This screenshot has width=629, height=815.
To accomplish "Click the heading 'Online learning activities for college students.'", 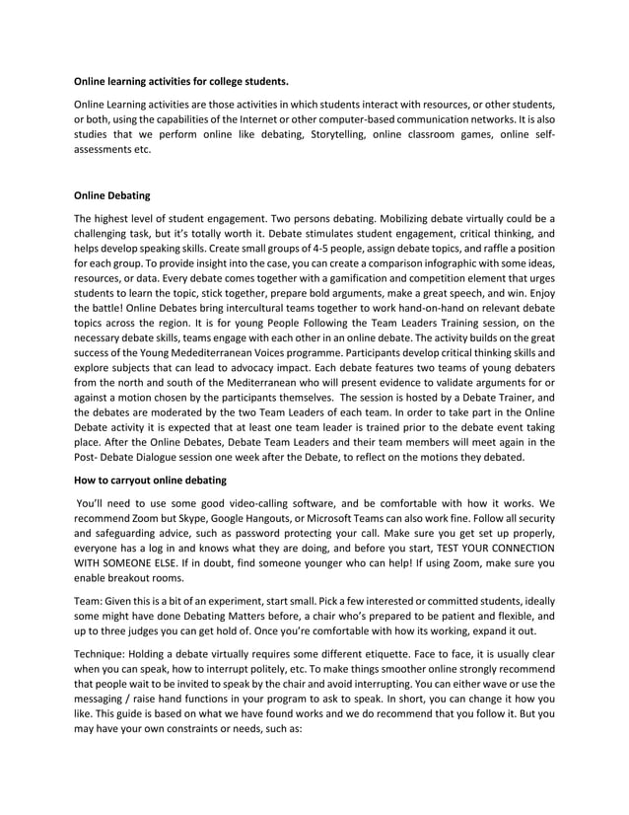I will tap(182, 81).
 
